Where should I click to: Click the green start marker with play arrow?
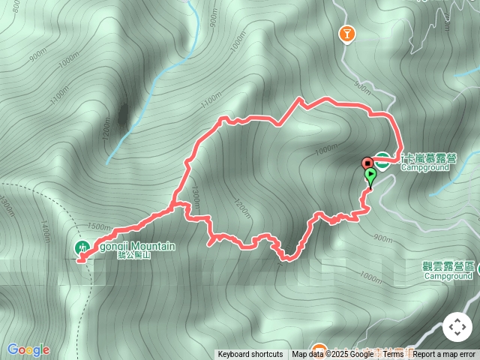point(370,175)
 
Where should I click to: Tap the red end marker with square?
point(367,163)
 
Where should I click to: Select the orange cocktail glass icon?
point(346,34)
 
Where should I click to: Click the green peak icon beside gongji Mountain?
point(81,247)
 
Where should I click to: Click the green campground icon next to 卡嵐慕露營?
point(382,160)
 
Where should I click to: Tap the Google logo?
point(28,349)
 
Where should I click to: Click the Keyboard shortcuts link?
point(250,355)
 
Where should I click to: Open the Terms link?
point(393,355)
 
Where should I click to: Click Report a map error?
point(445,355)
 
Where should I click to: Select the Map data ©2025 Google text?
point(332,355)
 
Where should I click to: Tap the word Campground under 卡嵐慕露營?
point(424,168)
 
